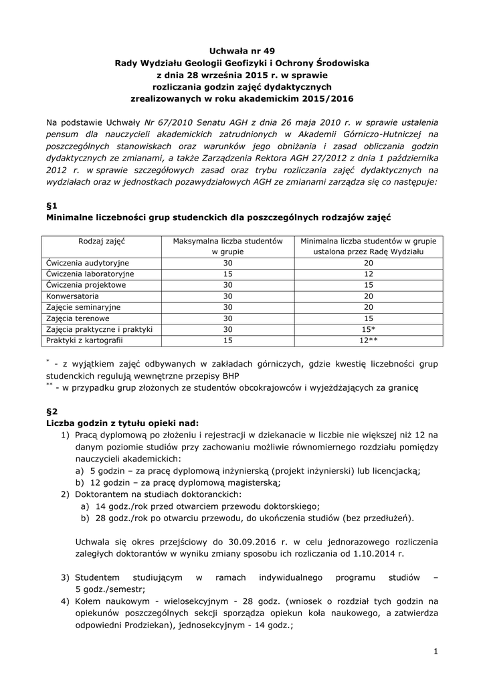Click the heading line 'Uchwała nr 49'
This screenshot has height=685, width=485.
(x=242, y=50)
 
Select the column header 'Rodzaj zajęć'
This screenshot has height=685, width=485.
(x=103, y=240)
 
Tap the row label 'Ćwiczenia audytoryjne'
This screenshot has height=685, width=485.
(x=88, y=263)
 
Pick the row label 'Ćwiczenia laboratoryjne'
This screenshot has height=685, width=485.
(x=90, y=274)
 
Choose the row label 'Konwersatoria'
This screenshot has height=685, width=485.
(x=72, y=296)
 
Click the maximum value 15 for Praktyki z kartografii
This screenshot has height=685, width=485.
(x=227, y=340)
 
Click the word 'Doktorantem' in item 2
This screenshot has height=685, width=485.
(x=101, y=494)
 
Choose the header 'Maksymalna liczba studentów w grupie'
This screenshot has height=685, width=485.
(x=227, y=246)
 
